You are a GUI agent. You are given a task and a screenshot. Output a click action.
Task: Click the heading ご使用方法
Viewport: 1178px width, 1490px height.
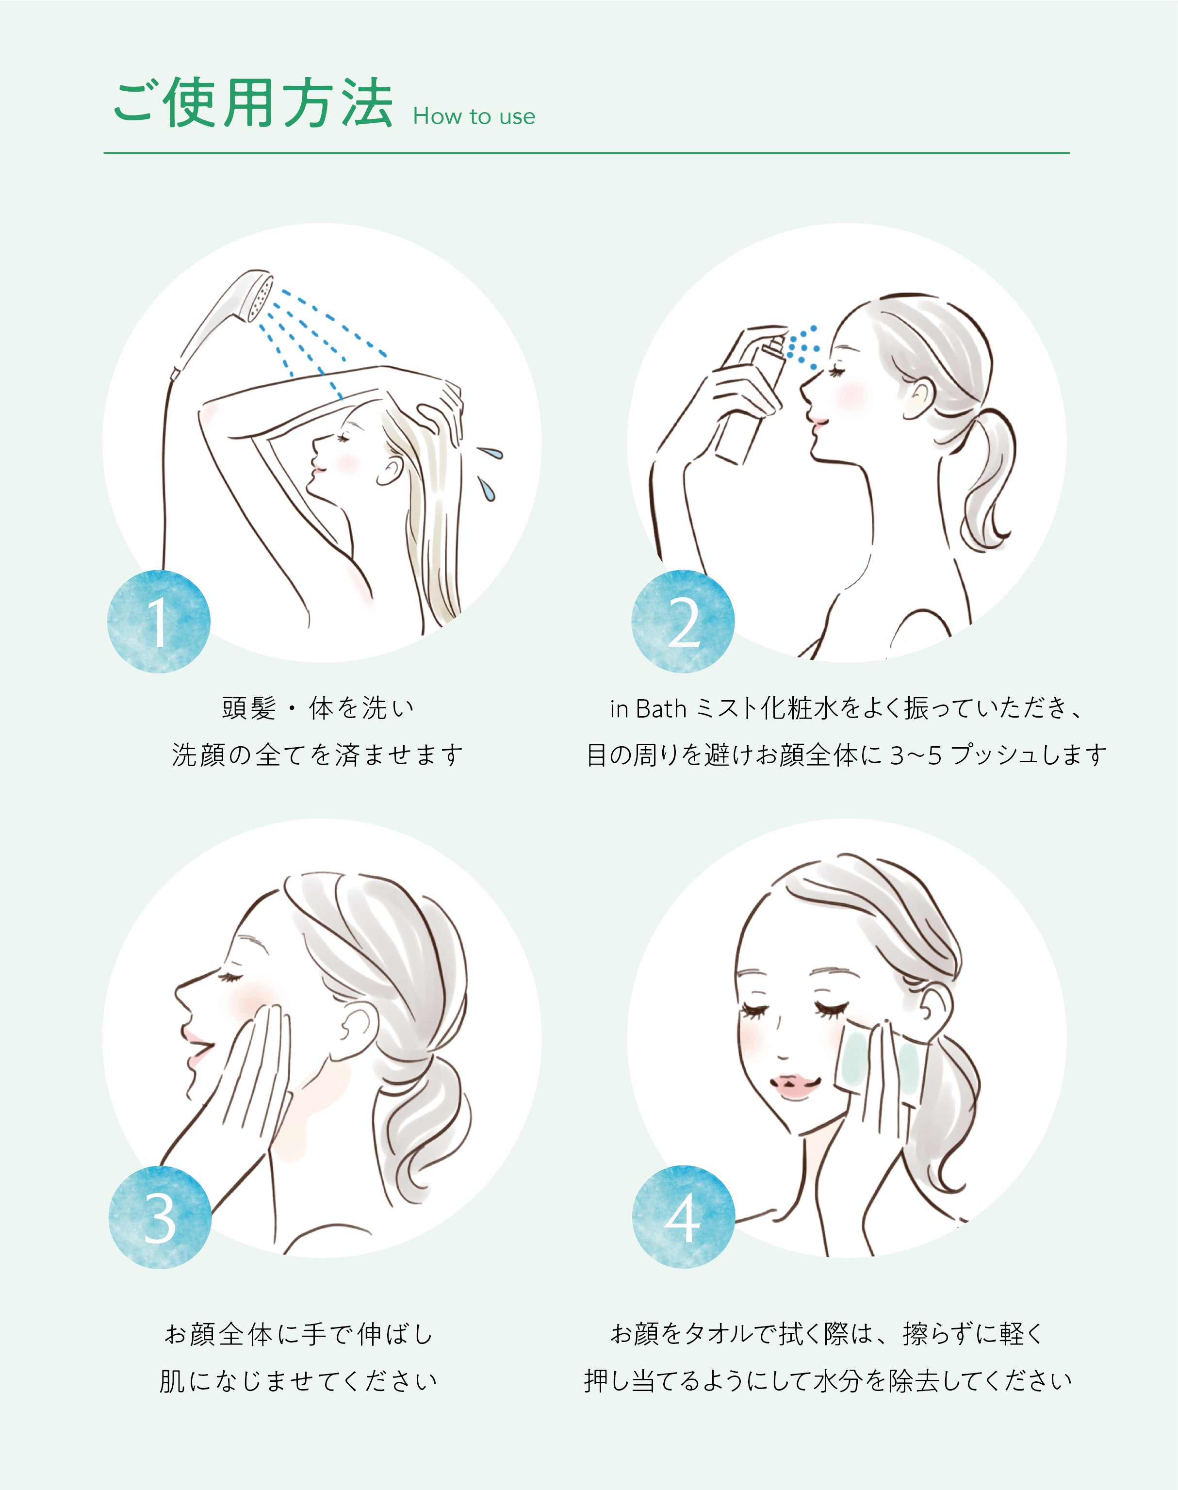252,103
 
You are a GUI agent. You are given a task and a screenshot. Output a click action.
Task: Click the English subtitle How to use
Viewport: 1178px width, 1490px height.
474,116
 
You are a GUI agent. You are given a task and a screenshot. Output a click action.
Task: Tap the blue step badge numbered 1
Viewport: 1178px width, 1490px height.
159,622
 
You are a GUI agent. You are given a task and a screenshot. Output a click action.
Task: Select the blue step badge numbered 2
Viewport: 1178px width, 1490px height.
683,622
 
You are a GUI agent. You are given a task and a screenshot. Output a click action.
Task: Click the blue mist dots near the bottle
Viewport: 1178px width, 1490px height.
803,346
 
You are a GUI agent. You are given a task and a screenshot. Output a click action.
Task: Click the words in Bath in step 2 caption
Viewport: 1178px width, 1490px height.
648,708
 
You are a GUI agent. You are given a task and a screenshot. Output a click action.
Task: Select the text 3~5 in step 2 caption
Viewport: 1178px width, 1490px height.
915,756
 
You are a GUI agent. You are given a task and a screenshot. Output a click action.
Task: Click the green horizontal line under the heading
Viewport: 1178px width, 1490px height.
586,152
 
